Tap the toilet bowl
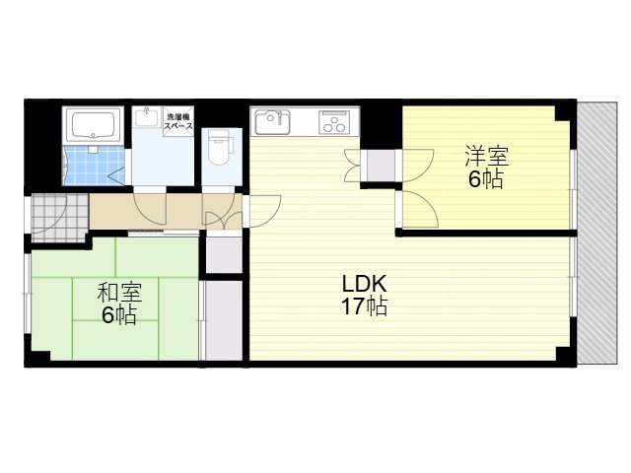pos(220,151)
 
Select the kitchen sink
pos(271,123)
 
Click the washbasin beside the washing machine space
pos(148,120)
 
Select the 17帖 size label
pos(363,306)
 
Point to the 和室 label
pos(119,294)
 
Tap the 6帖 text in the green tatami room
pos(119,315)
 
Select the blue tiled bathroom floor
pos(92,166)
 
